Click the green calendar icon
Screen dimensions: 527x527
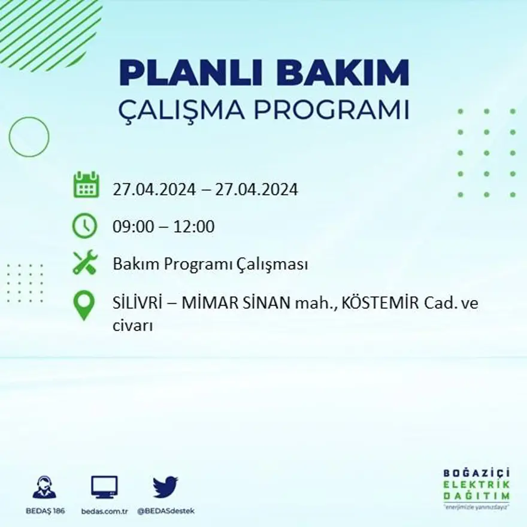click(x=86, y=185)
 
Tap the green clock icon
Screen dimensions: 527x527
click(x=84, y=226)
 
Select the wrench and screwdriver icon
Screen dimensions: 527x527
click(x=84, y=262)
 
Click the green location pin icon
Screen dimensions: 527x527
click(x=84, y=305)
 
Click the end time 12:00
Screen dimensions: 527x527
click(x=195, y=227)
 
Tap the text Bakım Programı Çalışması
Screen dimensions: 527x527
click(x=210, y=264)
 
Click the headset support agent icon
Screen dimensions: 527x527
click(x=45, y=487)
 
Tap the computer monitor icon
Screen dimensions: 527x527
click(x=104, y=487)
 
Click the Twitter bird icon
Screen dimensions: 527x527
click(x=165, y=487)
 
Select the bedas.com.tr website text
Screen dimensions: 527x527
click(x=105, y=511)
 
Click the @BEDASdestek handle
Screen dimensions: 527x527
click(x=166, y=511)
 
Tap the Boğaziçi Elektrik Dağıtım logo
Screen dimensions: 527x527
click(x=477, y=487)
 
